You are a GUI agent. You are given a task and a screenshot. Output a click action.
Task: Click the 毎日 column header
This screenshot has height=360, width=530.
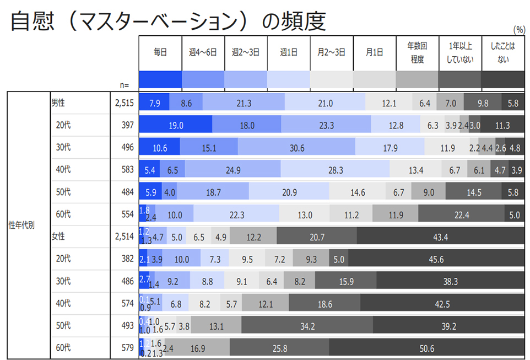[x=160, y=52]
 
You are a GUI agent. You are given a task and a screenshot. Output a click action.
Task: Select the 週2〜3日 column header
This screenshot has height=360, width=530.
[x=246, y=52]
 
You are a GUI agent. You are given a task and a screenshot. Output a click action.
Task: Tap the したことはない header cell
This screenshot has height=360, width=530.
[x=502, y=52]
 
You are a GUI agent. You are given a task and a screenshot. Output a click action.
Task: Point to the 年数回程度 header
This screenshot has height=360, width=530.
[x=417, y=52]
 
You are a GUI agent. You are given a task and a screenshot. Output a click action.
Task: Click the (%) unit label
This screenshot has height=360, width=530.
[x=518, y=30]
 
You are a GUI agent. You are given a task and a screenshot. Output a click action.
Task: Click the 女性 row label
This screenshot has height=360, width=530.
[x=58, y=237]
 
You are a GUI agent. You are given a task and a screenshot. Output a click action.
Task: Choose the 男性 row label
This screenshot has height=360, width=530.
[x=58, y=103]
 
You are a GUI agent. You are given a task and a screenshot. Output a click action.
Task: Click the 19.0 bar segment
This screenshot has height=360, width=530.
[x=176, y=126]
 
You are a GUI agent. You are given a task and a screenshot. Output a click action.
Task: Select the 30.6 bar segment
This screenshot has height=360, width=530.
[x=296, y=148]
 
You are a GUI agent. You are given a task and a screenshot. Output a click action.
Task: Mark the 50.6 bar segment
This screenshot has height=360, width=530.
[x=426, y=348]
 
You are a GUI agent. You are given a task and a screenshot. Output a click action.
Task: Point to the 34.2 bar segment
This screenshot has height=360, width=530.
[x=307, y=326]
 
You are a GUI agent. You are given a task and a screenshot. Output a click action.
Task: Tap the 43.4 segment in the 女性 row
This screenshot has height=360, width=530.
[x=441, y=237]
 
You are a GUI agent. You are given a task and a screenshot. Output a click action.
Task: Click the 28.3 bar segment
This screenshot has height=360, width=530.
[x=335, y=170]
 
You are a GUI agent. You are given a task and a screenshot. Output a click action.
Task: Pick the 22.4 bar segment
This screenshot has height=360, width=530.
[x=462, y=215]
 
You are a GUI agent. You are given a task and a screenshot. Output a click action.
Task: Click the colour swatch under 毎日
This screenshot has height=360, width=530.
[x=160, y=80]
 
